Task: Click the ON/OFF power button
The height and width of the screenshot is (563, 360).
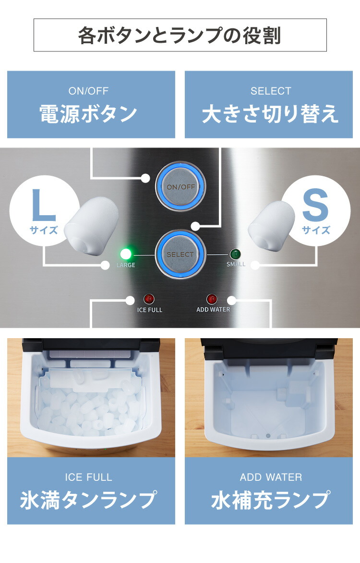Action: pyautogui.click(x=180, y=186)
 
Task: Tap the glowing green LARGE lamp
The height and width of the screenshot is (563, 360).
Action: pyautogui.click(x=127, y=254)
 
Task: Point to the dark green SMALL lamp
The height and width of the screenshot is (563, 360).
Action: pyautogui.click(x=235, y=254)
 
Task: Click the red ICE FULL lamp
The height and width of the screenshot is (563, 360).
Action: pyautogui.click(x=149, y=299)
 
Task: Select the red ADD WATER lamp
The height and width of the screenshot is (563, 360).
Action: pyautogui.click(x=212, y=299)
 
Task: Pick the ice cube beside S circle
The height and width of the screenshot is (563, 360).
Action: pyautogui.click(x=272, y=225)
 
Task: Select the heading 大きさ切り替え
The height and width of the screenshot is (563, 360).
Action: pyautogui.click(x=270, y=114)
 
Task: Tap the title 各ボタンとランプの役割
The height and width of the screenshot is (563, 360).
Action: pyautogui.click(x=180, y=36)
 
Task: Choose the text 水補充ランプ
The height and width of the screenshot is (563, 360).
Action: pyautogui.click(x=271, y=500)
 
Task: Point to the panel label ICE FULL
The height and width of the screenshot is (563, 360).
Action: pyautogui.click(x=150, y=310)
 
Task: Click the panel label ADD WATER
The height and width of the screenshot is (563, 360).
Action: pyautogui.click(x=213, y=310)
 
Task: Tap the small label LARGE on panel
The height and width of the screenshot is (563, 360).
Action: pyautogui.click(x=126, y=265)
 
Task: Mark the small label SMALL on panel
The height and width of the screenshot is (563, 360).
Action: pyautogui.click(x=236, y=264)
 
